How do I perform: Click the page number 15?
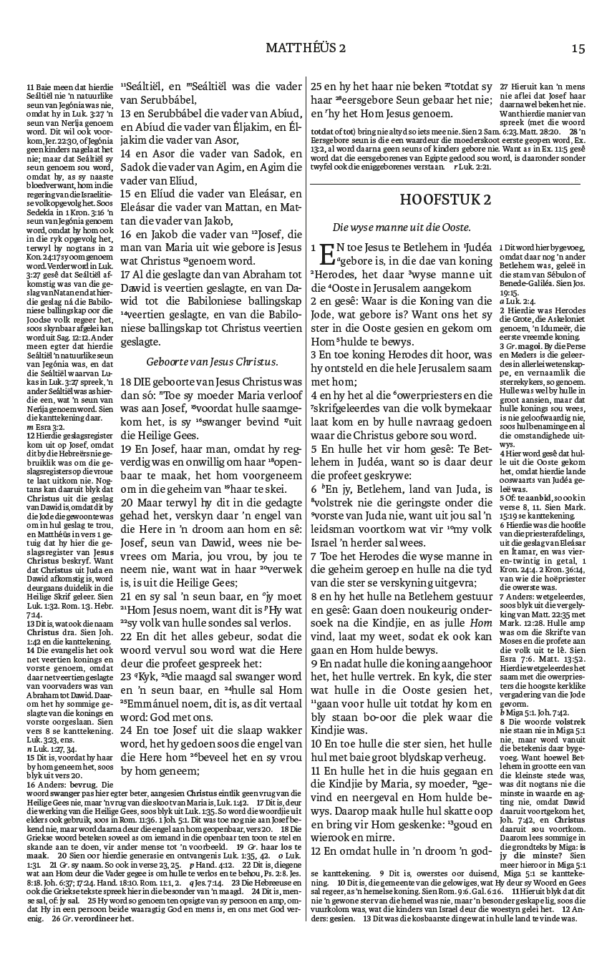(x=578, y=48)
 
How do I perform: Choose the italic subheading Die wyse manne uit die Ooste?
(x=402, y=227)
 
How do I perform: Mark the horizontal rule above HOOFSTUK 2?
(x=445, y=184)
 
